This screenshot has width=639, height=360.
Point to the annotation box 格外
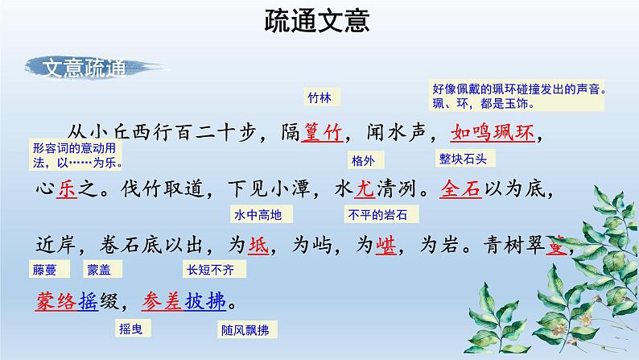[x=364, y=159]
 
